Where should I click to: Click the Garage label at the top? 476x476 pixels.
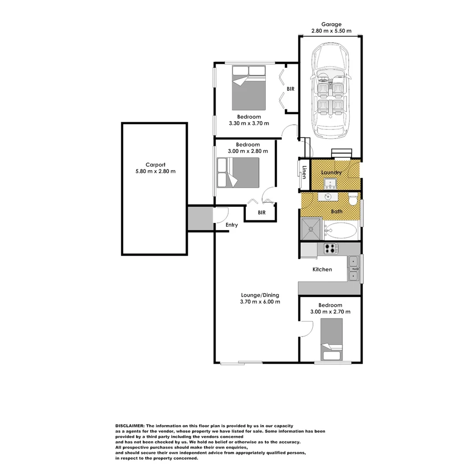331,25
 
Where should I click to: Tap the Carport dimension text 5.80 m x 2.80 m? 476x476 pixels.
155,171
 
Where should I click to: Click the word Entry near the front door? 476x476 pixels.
231,225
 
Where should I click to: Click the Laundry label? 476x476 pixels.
331,172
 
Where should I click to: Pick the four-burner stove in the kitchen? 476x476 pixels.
331,249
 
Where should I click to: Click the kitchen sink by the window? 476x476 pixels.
354,268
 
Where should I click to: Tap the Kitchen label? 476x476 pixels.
322,269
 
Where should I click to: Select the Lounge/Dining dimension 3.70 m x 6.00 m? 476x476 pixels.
260,302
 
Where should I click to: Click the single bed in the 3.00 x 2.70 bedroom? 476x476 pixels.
331,338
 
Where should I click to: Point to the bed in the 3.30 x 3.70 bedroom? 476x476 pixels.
249,88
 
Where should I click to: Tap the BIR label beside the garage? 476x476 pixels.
290,89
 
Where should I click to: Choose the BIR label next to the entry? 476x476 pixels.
261,212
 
